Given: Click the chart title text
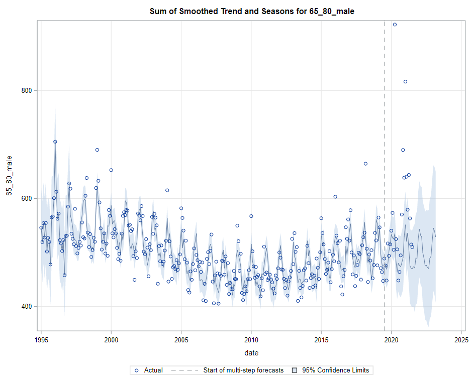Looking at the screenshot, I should [252, 11].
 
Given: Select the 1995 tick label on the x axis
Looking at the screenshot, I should [41, 339].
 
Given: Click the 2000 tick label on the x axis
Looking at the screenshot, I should [111, 339].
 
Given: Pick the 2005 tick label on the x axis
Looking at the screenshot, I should [181, 339].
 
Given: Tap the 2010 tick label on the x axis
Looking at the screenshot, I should [251, 339].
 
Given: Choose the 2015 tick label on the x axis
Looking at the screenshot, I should [321, 339].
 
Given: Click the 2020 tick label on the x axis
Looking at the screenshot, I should [392, 339].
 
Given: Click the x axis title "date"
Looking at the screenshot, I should [251, 352].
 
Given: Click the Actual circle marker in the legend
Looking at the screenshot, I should [136, 370].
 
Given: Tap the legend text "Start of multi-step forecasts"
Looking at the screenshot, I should [243, 370].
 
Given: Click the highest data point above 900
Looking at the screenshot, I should [395, 24].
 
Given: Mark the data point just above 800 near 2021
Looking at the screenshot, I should [405, 81].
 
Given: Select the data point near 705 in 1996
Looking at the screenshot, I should [55, 142].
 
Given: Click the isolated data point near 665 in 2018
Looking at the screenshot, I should [365, 164].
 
